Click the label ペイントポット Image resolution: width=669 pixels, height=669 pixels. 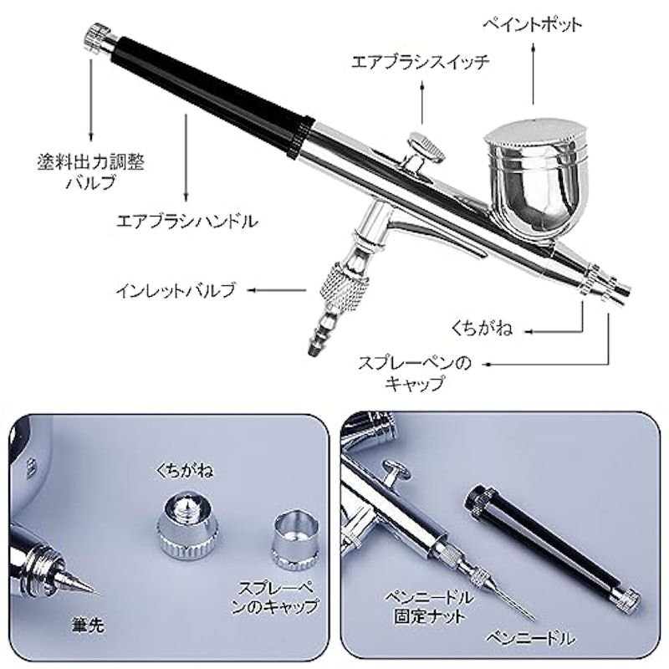click(532, 25)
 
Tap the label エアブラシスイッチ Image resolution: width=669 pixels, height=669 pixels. click(420, 62)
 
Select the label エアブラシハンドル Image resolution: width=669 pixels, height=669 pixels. click(187, 222)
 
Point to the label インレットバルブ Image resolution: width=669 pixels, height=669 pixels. click(176, 290)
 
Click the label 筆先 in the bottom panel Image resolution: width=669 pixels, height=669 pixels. click(87, 625)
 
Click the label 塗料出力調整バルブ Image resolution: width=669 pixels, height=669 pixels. click(91, 171)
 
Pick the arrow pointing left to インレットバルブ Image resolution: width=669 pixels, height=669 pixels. click(277, 290)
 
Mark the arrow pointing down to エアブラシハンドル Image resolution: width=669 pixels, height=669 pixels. click(186, 156)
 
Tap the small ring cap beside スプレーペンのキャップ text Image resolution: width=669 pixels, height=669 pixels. click(294, 541)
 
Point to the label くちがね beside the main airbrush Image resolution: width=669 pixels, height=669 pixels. click(482, 329)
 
